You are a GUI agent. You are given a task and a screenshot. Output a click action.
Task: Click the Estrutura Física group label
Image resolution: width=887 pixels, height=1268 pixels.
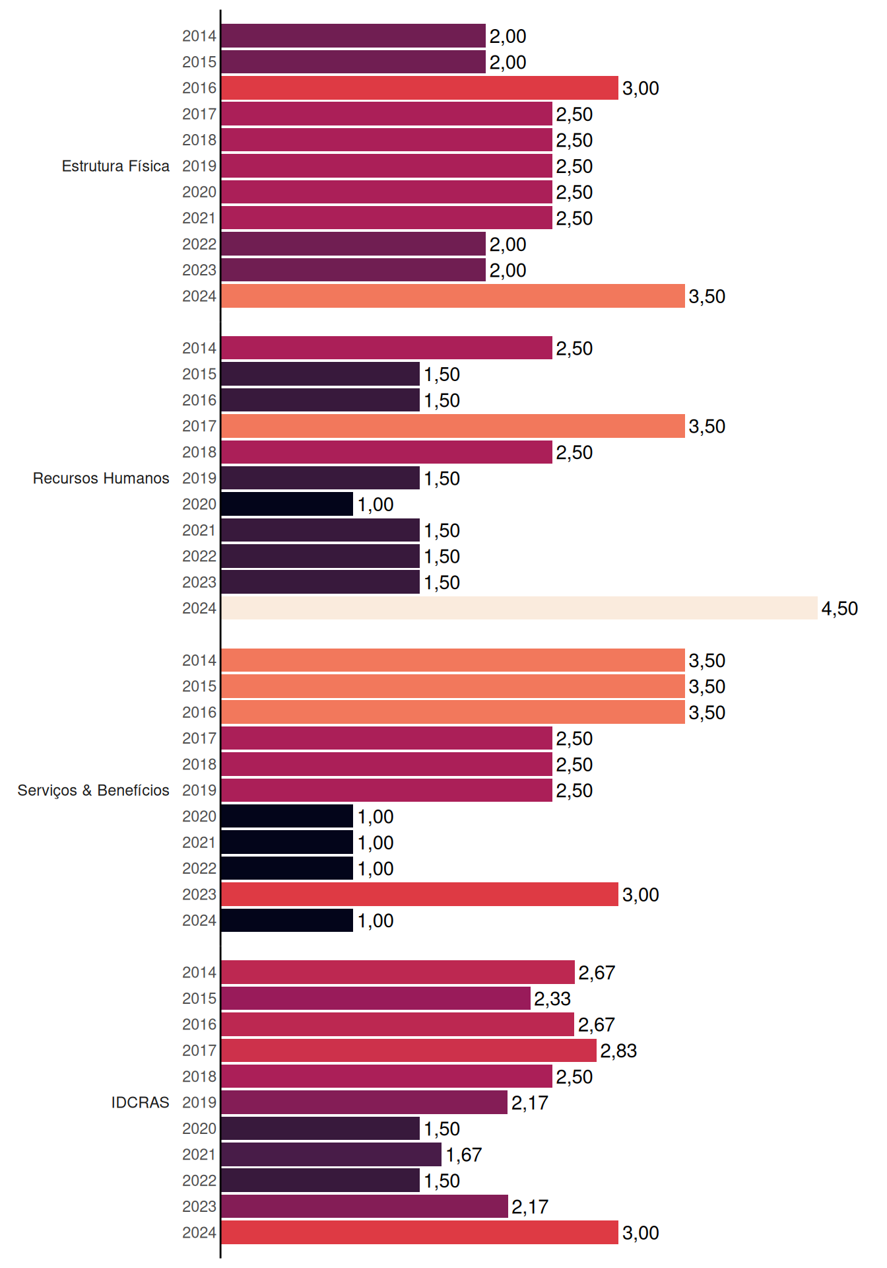click(x=115, y=166)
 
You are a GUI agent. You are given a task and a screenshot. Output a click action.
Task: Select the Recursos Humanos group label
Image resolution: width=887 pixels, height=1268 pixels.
click(x=101, y=478)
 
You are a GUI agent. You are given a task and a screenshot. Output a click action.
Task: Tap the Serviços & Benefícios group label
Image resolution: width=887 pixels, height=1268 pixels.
click(x=93, y=791)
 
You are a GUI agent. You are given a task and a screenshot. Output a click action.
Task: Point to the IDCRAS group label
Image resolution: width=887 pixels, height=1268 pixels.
click(x=140, y=1102)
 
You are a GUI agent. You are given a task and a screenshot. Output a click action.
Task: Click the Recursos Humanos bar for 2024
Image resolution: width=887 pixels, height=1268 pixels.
click(x=519, y=608)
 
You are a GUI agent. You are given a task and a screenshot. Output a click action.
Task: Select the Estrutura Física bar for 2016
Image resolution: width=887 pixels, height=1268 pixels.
click(x=420, y=88)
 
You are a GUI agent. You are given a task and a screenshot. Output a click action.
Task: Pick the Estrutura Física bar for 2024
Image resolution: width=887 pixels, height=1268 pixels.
click(x=453, y=296)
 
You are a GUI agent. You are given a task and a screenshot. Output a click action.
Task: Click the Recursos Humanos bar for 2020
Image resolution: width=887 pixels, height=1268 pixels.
click(x=287, y=504)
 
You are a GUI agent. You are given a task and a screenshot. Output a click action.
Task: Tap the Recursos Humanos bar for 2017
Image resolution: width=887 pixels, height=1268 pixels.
click(x=453, y=426)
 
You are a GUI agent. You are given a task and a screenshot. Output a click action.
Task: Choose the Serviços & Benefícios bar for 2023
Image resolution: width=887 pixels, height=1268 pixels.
click(x=420, y=894)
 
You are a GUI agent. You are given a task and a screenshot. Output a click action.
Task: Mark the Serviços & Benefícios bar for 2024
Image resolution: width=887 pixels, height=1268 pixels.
click(x=287, y=920)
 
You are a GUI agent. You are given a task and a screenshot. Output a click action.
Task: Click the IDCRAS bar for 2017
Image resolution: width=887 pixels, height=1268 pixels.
click(x=409, y=1050)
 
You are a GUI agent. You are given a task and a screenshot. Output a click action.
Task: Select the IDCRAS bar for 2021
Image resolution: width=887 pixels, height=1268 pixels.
click(x=331, y=1154)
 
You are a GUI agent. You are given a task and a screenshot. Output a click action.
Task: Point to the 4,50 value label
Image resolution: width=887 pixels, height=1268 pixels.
click(x=839, y=609)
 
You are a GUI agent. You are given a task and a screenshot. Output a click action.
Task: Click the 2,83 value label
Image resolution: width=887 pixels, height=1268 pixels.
click(x=618, y=1051)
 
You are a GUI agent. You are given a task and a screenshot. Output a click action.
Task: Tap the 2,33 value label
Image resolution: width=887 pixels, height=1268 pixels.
click(x=552, y=999)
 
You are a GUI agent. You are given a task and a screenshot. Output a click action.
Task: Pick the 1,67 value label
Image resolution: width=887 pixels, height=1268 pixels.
click(x=464, y=1155)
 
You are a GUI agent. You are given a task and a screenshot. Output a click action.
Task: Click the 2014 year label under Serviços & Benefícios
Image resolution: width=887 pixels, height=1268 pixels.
click(x=199, y=660)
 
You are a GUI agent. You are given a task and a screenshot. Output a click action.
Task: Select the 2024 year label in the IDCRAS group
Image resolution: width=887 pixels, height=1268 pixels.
click(x=199, y=1232)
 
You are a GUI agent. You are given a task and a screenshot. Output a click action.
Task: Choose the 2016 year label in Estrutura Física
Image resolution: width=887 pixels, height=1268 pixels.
click(x=199, y=88)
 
